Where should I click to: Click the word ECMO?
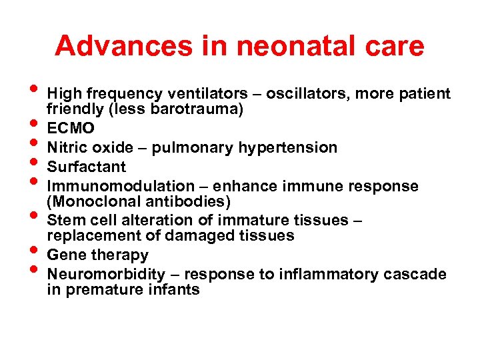[x=71, y=129]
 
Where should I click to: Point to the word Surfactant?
[x=87, y=167]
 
